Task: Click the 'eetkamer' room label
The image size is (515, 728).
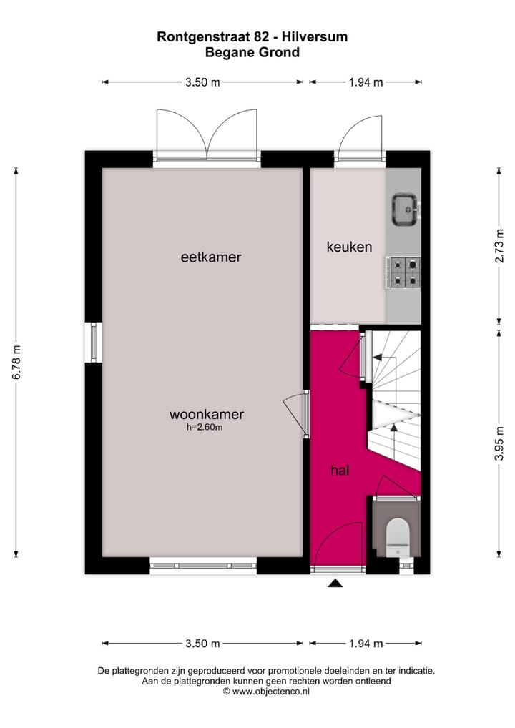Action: coord(210,257)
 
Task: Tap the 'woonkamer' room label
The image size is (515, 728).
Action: coord(207,414)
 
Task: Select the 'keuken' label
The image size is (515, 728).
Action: coord(349,247)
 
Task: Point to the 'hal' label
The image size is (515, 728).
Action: coord(339,470)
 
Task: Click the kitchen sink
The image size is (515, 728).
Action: coord(405,208)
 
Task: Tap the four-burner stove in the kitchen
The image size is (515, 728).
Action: coord(403,272)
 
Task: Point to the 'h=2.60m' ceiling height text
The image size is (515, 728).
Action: coord(205,428)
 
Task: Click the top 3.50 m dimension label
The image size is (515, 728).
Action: coord(202,82)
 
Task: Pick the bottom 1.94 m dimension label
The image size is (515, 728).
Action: coord(366,644)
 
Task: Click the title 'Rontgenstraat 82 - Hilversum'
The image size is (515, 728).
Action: coord(252,36)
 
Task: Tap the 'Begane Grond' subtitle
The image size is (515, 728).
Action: coord(252,51)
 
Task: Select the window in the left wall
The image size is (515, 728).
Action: coord(93,343)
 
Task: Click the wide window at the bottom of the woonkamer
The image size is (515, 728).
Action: coord(203,566)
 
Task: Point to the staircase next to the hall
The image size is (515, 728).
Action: coord(395,400)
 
